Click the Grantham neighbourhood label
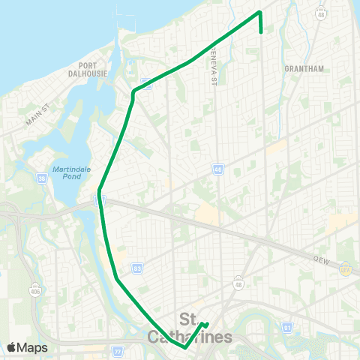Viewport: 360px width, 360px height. pos(304,68)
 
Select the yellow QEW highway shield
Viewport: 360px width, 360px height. pos(346,268)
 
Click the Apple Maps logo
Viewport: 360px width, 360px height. pos(26,347)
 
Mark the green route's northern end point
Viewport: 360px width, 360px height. pos(260,32)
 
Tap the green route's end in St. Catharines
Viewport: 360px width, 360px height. pos(208,325)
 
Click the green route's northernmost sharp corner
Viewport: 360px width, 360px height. pos(259,12)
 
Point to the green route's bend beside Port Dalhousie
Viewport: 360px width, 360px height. pos(133,92)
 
